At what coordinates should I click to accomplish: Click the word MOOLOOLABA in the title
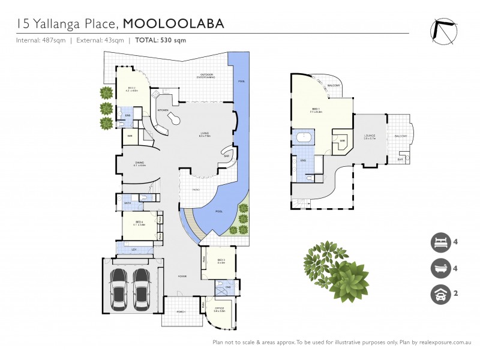point(173,23)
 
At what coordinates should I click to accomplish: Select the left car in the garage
point(119,285)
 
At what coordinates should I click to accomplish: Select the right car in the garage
point(142,285)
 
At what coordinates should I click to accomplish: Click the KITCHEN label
point(163,110)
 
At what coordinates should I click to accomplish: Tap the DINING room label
point(139,163)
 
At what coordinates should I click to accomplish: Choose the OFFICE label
point(219,309)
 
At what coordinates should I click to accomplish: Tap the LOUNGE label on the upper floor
point(370,136)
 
